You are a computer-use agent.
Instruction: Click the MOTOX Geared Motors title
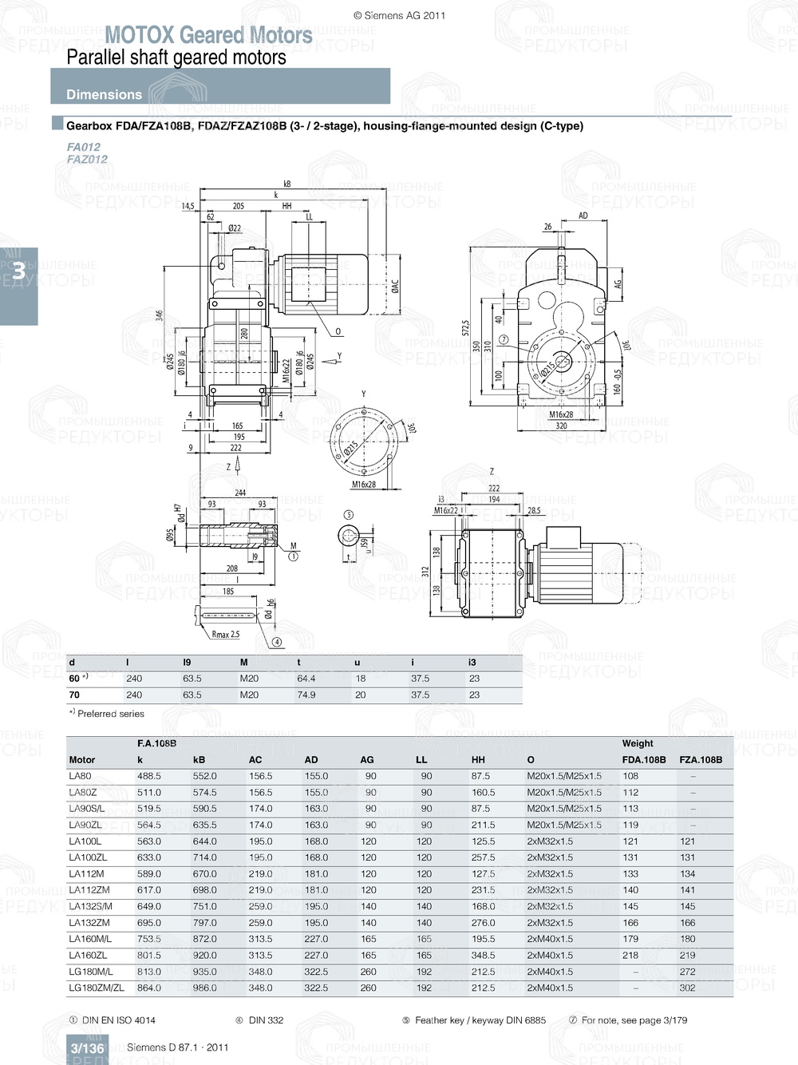coord(208,35)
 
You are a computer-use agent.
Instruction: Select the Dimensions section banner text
coord(104,94)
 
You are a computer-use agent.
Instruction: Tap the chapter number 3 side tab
coord(18,271)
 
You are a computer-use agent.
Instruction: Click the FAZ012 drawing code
coord(86,160)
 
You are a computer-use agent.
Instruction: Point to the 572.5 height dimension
coord(465,329)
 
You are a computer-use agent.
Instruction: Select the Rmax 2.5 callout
coord(225,635)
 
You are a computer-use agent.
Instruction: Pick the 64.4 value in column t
coord(306,679)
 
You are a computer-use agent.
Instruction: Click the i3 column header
coord(472,663)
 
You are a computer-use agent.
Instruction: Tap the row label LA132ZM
coord(89,923)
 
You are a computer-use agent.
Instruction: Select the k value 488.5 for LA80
coord(149,776)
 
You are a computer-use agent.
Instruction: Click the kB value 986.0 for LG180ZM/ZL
coord(204,988)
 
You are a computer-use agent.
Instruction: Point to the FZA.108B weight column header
coord(700,760)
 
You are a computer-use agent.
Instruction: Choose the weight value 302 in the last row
coord(687,988)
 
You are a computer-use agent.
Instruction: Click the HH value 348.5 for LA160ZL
coord(483,955)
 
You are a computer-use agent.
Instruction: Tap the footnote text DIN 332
coord(266,1020)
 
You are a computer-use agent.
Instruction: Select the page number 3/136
coord(87,1048)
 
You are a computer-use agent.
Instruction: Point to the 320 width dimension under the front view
coord(561,426)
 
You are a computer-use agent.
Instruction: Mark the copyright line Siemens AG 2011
coord(399,15)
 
